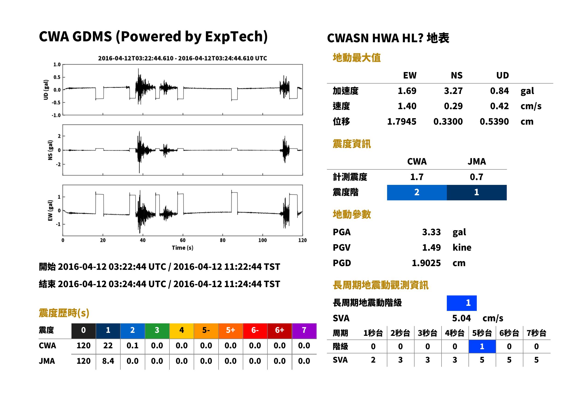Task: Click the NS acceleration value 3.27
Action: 453,91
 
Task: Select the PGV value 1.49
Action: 431,248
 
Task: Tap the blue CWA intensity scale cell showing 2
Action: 417,192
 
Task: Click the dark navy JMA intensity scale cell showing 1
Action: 477,192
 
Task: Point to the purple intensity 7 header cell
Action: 304,331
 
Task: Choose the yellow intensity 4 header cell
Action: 182,331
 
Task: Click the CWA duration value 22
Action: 108,346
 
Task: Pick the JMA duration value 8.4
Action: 108,361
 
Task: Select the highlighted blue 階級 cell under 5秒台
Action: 482,346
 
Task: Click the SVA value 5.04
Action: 461,318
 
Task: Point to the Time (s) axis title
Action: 183,248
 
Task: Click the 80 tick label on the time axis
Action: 223,240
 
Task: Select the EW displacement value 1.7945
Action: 401,122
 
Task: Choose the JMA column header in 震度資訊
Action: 477,161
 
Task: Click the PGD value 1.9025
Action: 426,263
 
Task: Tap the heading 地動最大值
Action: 357,58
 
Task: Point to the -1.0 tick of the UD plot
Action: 56,115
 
